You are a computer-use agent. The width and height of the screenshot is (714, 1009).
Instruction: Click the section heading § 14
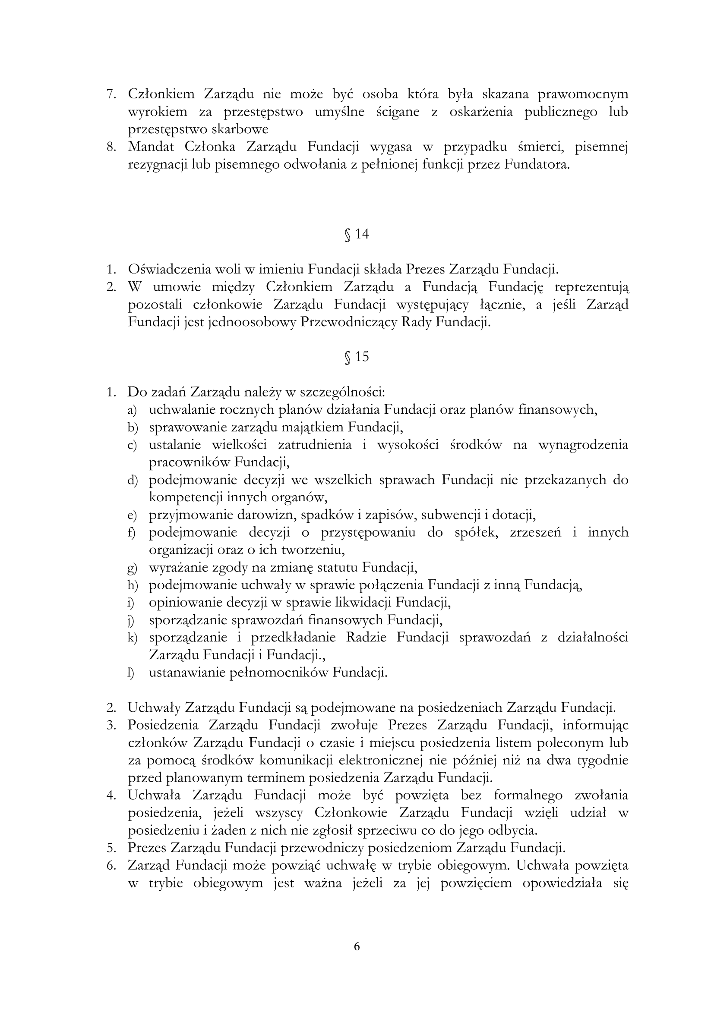[x=357, y=235]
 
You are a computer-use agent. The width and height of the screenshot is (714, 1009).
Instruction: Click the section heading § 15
[x=357, y=357]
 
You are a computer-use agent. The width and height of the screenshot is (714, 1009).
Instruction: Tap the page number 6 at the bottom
[x=357, y=946]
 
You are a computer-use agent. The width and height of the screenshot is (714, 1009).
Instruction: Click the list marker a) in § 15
[x=132, y=410]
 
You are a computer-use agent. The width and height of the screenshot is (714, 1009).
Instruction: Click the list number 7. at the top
[x=112, y=94]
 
